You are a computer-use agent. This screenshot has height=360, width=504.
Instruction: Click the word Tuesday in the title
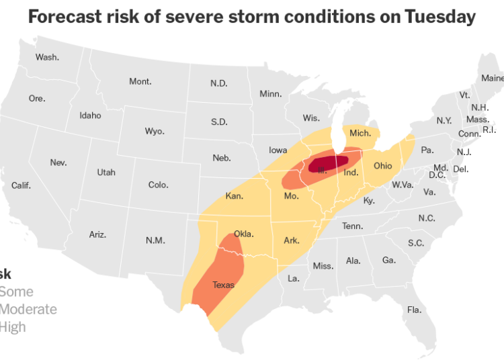439,17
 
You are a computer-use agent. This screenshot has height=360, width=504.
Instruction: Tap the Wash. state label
47,57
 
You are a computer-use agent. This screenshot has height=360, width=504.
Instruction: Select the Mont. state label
140,81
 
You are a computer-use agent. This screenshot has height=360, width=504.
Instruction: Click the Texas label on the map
224,285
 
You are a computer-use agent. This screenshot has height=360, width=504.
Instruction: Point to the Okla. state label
244,234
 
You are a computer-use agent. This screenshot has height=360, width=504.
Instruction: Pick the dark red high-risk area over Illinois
329,163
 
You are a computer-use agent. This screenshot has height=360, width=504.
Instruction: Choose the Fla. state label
414,310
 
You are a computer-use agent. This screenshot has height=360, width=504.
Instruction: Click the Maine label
492,79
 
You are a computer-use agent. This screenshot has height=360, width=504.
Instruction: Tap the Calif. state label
21,185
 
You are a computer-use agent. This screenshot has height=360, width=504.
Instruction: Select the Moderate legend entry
28,310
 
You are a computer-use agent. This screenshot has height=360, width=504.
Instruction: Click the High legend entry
13,327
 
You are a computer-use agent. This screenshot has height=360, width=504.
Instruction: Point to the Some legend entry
16,292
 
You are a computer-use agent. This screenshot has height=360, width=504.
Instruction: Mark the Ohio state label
382,166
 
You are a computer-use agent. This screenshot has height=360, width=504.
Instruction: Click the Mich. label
360,134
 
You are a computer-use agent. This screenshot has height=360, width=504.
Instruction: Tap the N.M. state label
155,240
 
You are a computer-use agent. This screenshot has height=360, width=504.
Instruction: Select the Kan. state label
234,197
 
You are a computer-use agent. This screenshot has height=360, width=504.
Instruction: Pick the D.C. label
437,175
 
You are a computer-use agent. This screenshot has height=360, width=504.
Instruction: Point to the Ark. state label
291,240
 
